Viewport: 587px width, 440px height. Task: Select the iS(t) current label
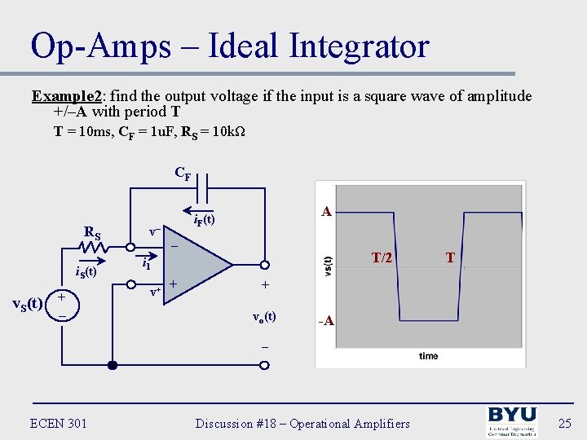pyautogui.click(x=81, y=272)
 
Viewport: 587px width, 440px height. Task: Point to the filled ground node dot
pyautogui.click(x=113, y=366)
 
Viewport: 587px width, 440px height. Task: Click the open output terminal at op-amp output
pyautogui.click(x=264, y=264)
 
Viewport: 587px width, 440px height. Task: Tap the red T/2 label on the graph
pyautogui.click(x=382, y=257)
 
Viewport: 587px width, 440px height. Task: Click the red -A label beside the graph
pyautogui.click(x=326, y=321)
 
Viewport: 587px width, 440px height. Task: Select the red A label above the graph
pyautogui.click(x=326, y=211)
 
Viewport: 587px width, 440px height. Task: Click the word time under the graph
pyautogui.click(x=428, y=356)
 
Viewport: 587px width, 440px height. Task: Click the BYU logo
pyautogui.click(x=512, y=422)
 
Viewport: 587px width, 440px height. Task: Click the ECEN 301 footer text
pyautogui.click(x=58, y=423)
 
